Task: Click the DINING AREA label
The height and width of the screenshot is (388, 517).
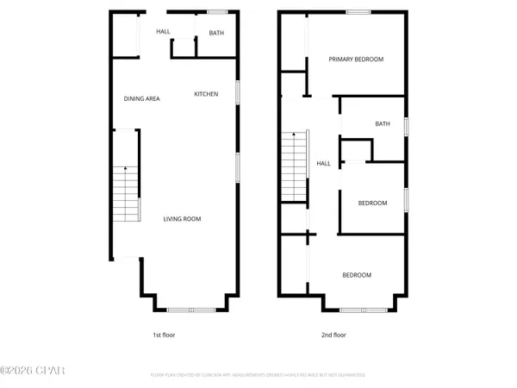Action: [x=142, y=98]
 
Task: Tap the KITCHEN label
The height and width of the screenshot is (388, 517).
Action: [x=206, y=94]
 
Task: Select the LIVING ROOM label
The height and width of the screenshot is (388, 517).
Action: [x=183, y=219]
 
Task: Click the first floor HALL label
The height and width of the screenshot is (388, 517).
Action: [x=163, y=32]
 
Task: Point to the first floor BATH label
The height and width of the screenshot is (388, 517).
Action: [x=215, y=33]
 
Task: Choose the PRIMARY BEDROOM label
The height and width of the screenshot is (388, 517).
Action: [x=356, y=59]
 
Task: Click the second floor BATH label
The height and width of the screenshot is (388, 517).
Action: [x=383, y=123]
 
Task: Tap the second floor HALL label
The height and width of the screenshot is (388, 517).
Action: [x=324, y=163]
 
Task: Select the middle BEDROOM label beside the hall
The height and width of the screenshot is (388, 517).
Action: [x=373, y=203]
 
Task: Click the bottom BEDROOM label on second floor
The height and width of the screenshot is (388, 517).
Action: [x=357, y=275]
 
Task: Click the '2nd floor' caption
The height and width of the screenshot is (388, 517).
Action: [x=333, y=335]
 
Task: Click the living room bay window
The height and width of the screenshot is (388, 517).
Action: [x=191, y=309]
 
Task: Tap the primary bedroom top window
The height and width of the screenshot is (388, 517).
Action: [x=358, y=11]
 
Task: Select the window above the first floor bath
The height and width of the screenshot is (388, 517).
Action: [x=217, y=11]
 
